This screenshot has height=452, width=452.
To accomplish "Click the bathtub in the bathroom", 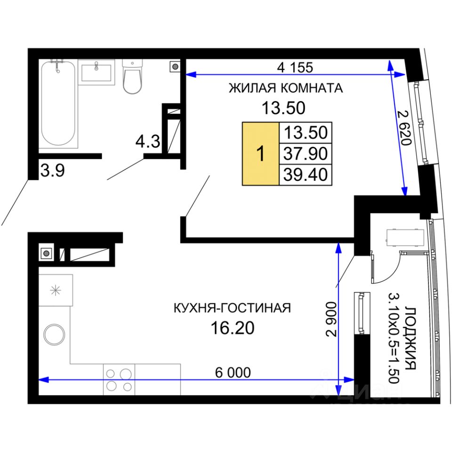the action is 58,104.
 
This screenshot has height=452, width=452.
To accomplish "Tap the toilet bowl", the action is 132,77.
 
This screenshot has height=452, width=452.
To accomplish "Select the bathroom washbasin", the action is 96,73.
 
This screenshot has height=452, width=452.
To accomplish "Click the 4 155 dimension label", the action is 295,67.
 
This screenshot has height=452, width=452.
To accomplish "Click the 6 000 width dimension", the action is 233,373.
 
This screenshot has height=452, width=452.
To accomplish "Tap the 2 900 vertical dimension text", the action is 331,319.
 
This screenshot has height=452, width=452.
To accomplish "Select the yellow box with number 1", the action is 260,153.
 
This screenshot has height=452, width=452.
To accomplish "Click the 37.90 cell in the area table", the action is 306,153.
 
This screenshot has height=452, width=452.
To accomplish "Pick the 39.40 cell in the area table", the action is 306,175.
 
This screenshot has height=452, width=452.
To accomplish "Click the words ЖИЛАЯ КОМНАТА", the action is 286,88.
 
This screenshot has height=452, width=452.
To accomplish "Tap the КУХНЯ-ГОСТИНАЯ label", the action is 232,308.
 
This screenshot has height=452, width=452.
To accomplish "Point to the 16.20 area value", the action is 233,328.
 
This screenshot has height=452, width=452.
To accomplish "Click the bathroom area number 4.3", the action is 147,142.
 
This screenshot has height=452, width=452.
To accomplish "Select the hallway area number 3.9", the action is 52,170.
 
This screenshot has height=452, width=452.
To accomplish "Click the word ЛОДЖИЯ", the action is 410,338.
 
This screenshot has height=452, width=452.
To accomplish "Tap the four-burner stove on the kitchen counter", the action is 119,379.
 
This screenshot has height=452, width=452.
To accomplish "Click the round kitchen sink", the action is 54,334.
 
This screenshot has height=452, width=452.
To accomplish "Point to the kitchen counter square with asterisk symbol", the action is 56,291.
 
